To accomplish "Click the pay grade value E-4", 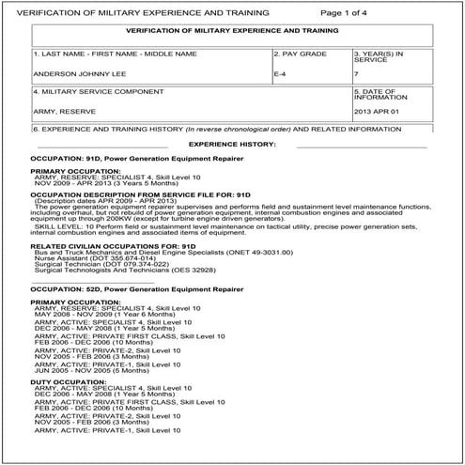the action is (280, 73).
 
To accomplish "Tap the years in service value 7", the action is (357, 73).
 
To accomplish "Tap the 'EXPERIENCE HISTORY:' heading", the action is (232, 144).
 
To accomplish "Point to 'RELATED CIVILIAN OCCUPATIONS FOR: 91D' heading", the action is (111, 244).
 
